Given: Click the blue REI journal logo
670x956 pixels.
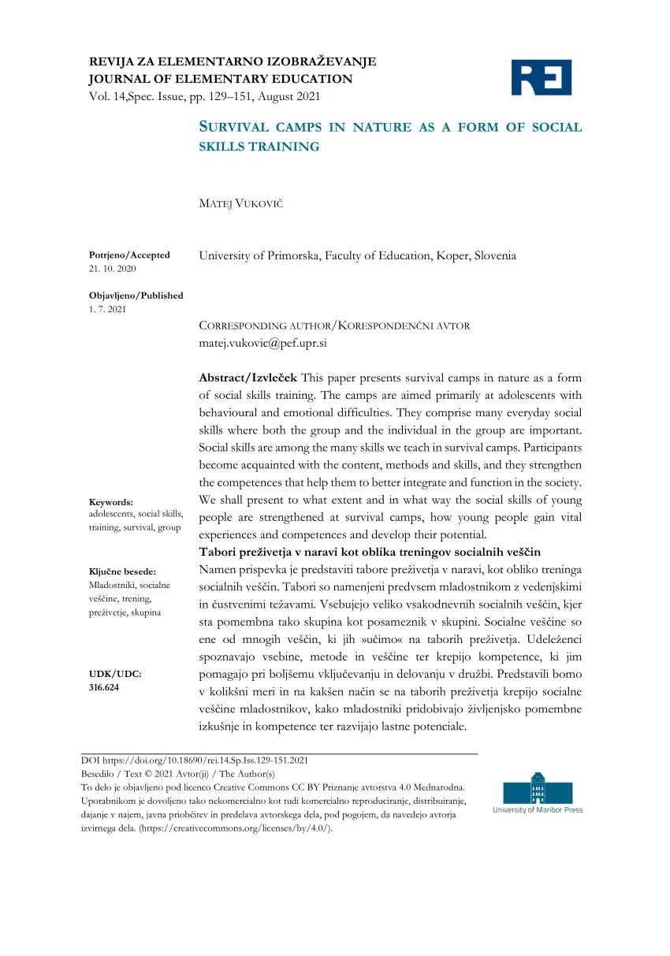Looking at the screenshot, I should (542, 77).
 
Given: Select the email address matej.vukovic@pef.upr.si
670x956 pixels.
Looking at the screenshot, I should (262, 344).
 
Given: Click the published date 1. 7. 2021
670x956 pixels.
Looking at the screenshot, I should (107, 309).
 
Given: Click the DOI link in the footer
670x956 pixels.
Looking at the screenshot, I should (195, 761).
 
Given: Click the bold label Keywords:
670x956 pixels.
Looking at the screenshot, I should (111, 502).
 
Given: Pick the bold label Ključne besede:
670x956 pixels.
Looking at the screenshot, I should (122, 571).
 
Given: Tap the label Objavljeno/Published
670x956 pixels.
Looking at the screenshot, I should (136, 296).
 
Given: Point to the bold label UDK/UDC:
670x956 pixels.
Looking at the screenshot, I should (115, 674).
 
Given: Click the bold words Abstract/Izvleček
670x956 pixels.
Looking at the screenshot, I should (248, 378).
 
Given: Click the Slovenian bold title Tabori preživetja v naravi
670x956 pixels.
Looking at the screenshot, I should (380, 551).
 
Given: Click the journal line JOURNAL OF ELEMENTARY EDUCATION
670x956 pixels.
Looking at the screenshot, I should (221, 79).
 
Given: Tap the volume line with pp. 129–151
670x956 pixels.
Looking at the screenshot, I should (205, 96).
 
